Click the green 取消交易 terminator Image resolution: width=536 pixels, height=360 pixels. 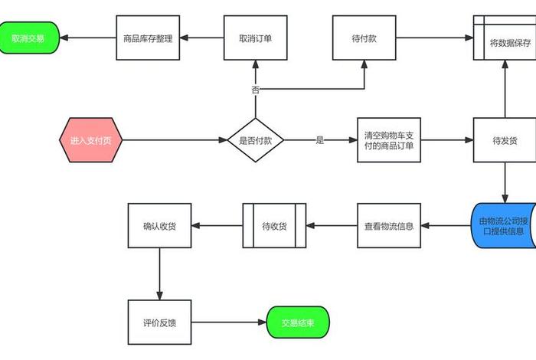[28, 38]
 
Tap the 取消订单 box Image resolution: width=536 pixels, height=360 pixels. [255, 38]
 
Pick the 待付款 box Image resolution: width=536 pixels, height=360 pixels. [364, 38]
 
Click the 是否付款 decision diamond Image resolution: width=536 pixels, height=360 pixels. [255, 140]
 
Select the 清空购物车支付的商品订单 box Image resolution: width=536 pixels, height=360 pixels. [389, 140]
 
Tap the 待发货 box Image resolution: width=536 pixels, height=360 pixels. [505, 140]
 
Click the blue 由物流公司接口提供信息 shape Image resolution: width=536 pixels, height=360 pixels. [505, 225]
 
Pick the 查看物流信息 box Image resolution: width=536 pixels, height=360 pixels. [389, 226]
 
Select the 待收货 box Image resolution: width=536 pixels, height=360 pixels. [274, 226]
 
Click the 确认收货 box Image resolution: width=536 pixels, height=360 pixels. [159, 226]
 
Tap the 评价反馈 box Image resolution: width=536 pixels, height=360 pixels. [159, 322]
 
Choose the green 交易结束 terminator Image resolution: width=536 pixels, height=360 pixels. [298, 322]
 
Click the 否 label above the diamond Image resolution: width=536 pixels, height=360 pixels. [255, 90]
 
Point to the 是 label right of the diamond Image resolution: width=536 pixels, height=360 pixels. [320, 140]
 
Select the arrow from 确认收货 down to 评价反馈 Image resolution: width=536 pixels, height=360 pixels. [159, 273]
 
